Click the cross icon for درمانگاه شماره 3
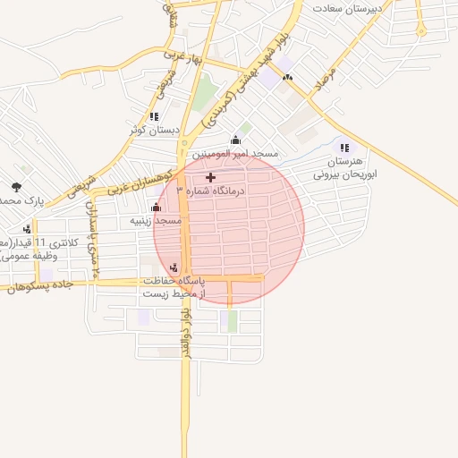click(210, 178)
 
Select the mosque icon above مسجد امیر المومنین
click(235, 140)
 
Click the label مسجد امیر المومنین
click(237, 154)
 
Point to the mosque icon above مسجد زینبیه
click(157, 208)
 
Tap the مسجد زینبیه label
click(157, 220)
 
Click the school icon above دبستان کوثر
click(154, 116)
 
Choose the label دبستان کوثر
click(155, 130)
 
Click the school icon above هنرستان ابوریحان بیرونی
click(343, 148)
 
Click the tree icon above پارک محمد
click(17, 187)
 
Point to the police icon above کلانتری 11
click(26, 229)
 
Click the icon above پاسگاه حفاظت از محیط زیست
click(174, 266)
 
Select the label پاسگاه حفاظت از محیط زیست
click(173, 286)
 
